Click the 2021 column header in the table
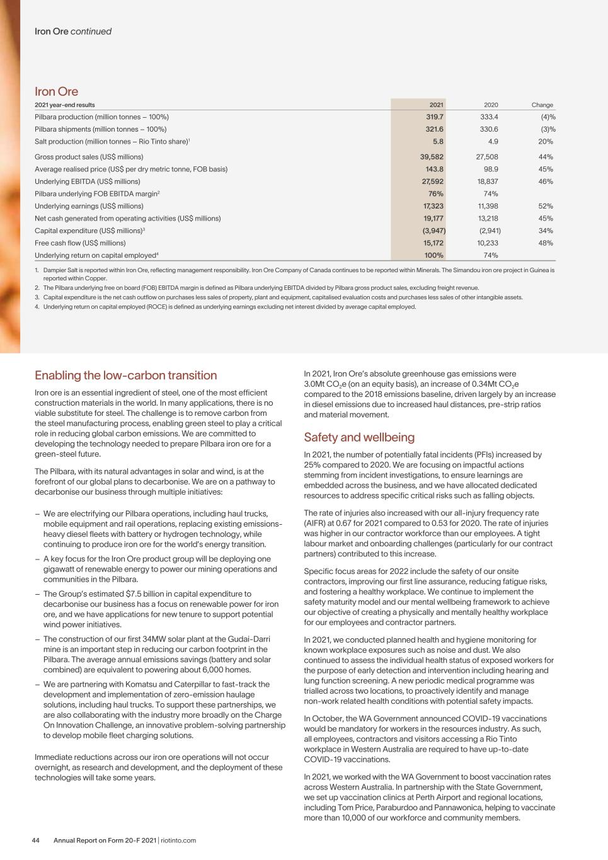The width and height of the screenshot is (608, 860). pos(436,105)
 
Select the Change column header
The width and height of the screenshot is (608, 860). pos(542,105)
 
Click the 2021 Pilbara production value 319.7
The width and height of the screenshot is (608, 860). pos(434,117)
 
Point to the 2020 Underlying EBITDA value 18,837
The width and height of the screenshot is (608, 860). pos(488,181)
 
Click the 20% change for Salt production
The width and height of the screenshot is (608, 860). pos(546,142)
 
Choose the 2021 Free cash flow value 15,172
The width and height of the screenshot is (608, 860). pos(433,243)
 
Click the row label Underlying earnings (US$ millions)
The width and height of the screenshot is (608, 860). pos(89,206)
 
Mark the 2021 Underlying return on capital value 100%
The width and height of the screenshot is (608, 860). pos(433,255)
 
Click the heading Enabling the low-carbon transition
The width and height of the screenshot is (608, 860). pos(125,376)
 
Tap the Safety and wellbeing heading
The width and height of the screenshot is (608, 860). pos(359,437)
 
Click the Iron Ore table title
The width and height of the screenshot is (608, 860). pos(57,91)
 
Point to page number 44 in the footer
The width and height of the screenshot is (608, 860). pos(37,840)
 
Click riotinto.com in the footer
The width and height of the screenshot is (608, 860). pos(178,840)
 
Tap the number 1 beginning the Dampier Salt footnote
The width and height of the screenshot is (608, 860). pos(37,270)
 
